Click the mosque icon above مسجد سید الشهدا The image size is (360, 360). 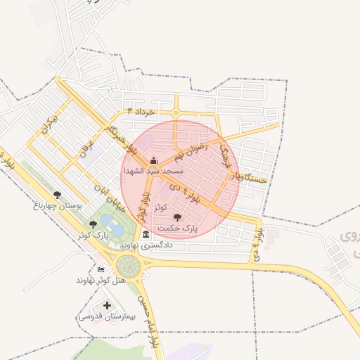[154, 160]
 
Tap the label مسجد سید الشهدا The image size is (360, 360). [153, 171]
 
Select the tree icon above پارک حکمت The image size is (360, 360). [176, 217]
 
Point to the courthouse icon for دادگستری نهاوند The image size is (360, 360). [146, 234]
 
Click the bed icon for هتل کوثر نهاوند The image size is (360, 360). [101, 269]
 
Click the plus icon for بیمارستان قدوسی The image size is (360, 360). [107, 305]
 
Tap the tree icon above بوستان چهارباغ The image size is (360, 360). [57, 195]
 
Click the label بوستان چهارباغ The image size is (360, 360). [58, 206]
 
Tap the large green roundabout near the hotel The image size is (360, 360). [129, 266]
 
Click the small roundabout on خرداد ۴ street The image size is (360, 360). [175, 112]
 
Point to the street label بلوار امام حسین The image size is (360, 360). [146, 324]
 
